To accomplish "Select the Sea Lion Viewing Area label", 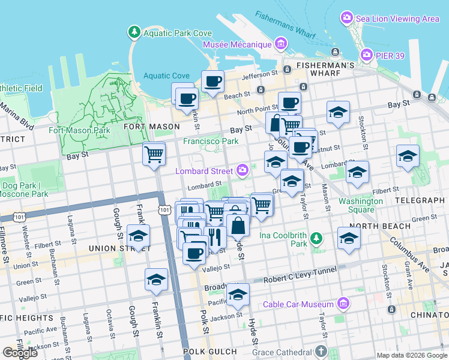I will point(396,19).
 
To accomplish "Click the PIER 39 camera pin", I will point(367,56).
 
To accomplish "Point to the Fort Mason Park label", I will point(80,130).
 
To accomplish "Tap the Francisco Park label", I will point(211,142).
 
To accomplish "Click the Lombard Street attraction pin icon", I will point(242,170).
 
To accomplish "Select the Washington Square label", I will point(360,205).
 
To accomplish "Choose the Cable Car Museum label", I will point(300,304).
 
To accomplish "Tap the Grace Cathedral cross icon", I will point(322,351).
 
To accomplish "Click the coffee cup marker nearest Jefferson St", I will point(212,81).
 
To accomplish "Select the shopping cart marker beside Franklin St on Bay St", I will point(154,153).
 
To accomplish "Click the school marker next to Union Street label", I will point(138,235).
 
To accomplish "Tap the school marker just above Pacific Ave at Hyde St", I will point(238,294).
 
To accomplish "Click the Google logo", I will point(20,353).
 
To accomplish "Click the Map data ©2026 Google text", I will point(412,355).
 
